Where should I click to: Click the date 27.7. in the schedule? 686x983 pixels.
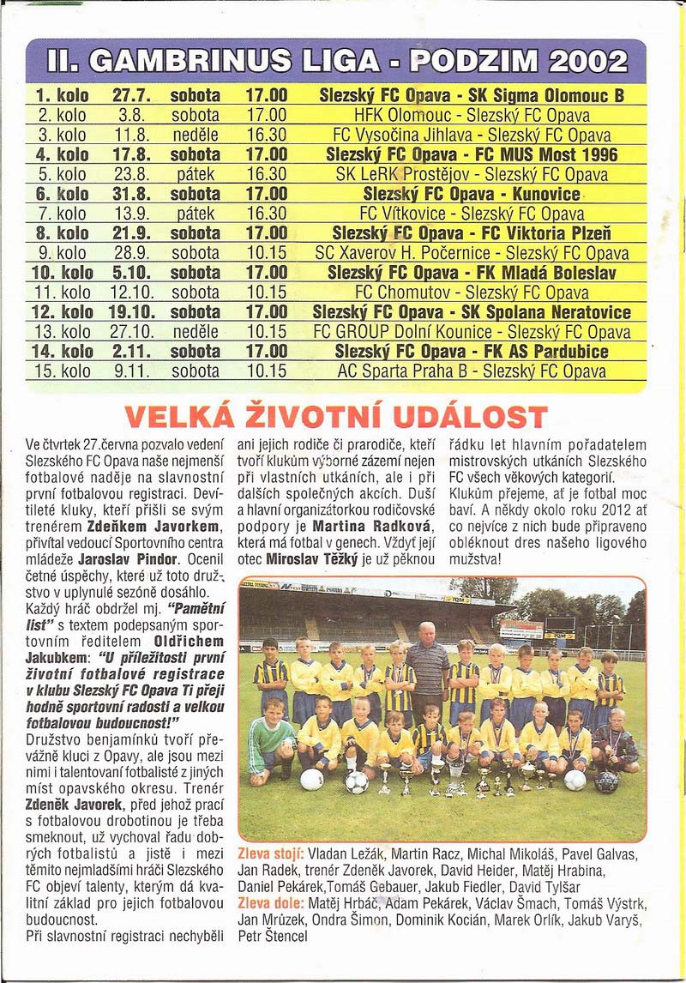tap(131, 96)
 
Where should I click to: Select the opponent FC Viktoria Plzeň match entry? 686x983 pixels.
tap(472, 233)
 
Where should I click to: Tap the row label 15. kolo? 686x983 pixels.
tap(62, 371)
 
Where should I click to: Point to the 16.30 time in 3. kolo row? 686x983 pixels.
tap(266, 136)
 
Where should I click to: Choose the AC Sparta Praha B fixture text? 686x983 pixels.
tap(472, 371)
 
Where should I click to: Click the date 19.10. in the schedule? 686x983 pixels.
tap(131, 312)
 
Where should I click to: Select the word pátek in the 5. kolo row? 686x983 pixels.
tap(195, 174)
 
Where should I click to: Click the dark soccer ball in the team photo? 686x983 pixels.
tap(606, 781)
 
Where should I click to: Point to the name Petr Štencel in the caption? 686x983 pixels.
tap(273, 937)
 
